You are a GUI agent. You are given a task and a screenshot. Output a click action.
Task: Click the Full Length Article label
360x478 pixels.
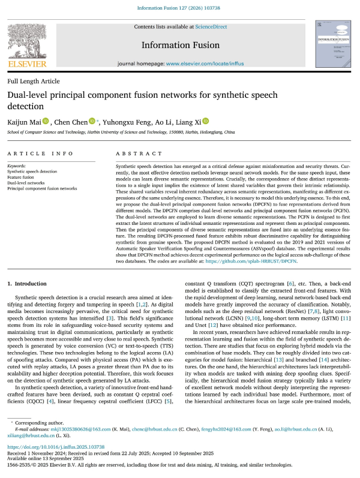coord(34,81)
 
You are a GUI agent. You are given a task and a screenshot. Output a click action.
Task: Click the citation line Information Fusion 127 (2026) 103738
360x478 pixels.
coord(180,8)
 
